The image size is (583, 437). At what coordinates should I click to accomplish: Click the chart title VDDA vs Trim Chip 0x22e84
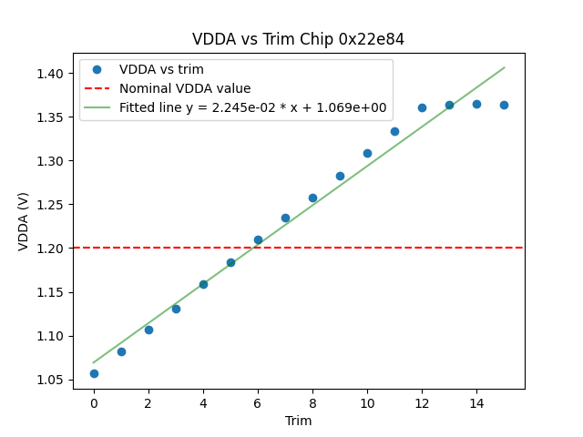[x=298, y=39]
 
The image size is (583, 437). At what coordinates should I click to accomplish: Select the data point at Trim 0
[x=94, y=373]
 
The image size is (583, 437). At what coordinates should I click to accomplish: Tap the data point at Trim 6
[x=258, y=239]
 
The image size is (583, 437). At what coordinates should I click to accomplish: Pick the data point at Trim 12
[x=422, y=107]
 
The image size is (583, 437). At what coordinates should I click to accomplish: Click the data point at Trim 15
[x=504, y=105]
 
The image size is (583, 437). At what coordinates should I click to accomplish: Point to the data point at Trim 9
[x=340, y=176]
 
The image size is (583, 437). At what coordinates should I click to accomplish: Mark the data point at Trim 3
[x=176, y=309]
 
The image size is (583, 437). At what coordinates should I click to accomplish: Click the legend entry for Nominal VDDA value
[x=185, y=88]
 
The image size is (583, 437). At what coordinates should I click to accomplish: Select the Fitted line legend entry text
[x=252, y=107]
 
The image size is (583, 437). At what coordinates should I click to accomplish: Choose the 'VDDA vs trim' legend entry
[x=161, y=69]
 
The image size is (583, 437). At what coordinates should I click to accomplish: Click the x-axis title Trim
[x=298, y=421]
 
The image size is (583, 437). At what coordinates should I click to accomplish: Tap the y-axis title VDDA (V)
[x=25, y=221]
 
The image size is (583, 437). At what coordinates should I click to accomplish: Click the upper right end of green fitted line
[x=504, y=67]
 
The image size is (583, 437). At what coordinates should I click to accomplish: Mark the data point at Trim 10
[x=367, y=153]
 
